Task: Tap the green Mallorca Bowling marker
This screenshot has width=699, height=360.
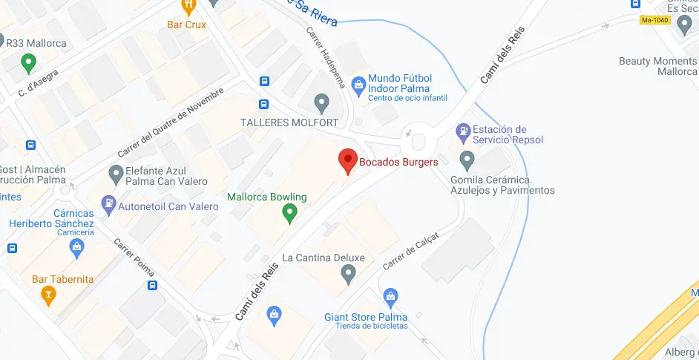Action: click(291, 214)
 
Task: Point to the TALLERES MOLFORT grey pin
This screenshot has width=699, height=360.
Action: click(321, 102)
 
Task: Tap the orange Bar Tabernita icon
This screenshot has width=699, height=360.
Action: click(49, 296)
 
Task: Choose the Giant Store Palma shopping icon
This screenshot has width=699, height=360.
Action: click(391, 299)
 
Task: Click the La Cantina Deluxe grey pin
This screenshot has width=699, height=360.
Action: click(349, 275)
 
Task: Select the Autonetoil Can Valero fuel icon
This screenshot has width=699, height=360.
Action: click(108, 203)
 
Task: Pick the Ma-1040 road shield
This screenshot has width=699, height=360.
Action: click(655, 20)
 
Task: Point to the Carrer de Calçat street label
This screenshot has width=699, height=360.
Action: click(410, 250)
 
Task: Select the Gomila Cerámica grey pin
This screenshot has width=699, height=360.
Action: click(467, 160)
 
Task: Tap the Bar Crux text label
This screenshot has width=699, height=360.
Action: click(186, 24)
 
